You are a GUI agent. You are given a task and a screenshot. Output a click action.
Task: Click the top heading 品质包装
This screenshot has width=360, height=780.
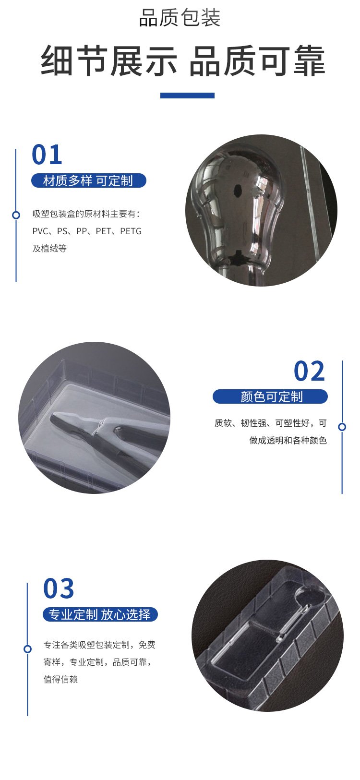coord(180,18)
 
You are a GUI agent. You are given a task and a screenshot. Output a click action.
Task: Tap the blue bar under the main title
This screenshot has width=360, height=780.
coord(187,96)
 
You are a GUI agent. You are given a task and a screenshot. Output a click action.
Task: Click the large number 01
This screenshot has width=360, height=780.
coord(47,155)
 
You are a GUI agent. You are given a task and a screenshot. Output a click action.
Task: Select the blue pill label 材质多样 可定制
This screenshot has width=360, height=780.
coord(88,180)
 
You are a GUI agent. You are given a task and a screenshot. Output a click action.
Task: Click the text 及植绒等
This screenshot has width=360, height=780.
coord(49,248)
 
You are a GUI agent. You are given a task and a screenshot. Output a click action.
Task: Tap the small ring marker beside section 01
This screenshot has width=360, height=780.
coord(16,215)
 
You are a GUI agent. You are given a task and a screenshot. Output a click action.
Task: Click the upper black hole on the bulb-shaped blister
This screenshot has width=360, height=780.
coord(238,190)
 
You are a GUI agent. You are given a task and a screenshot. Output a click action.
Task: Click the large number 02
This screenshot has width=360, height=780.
coord(309,371)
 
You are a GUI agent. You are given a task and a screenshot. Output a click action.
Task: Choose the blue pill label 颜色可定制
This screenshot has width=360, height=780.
coord(271,396)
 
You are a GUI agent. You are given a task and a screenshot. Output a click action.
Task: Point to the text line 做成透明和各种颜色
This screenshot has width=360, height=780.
coord(288,441)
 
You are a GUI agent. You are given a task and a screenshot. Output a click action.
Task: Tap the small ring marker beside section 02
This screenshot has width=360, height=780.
coord(342,427)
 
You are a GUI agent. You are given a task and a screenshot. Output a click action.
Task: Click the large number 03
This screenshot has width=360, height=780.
coord(59,589)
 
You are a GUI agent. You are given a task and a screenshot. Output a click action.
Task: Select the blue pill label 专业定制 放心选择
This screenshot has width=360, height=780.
coord(100,614)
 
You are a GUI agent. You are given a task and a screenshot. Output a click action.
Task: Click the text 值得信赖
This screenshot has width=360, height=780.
coord(60,679)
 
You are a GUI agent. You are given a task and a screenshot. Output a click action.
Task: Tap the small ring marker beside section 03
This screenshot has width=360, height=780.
coord(27,649)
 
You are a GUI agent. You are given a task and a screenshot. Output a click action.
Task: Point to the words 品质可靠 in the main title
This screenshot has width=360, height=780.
coord(257,61)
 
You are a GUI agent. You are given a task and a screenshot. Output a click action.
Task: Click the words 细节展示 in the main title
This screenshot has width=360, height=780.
coord(109,61)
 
